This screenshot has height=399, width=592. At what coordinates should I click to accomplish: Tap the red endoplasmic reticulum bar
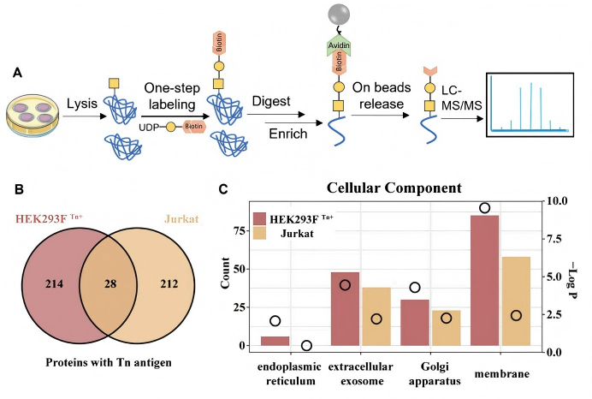pos(275,341)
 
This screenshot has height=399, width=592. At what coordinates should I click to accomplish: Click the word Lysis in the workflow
pos(84,104)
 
